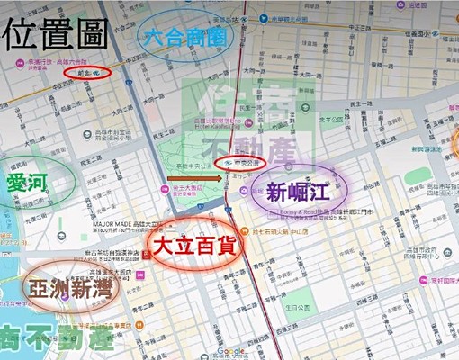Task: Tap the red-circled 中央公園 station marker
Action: click(x=239, y=163)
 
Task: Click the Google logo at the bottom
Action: click(x=230, y=352)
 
